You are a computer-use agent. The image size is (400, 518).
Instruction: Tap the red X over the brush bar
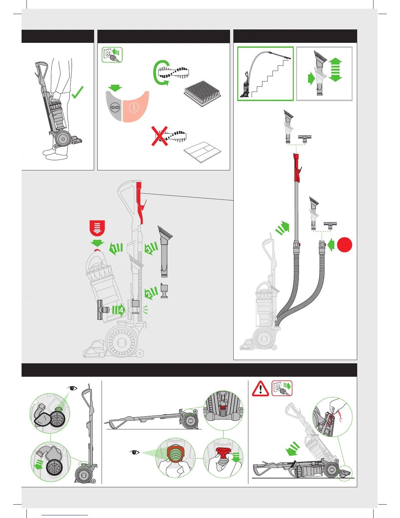159,135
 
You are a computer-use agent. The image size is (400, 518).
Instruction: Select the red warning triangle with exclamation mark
260,389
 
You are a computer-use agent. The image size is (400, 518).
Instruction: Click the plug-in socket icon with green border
112,55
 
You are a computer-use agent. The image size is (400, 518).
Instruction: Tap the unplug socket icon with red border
282,388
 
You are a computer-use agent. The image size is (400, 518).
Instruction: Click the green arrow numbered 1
116,249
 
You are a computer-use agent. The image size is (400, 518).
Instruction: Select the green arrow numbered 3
151,248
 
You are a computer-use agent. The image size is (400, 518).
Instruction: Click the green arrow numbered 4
118,310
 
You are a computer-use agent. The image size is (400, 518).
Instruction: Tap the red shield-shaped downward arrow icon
97,228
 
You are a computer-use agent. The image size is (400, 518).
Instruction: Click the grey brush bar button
114,107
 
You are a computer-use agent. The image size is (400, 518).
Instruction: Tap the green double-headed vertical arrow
335,70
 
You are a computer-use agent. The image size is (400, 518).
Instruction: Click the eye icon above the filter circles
73,388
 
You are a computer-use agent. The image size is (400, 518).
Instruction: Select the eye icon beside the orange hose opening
134,453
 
